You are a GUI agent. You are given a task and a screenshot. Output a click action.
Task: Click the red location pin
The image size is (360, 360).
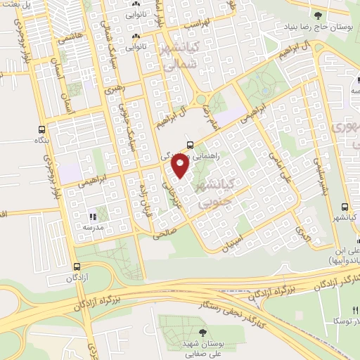pos(181,165)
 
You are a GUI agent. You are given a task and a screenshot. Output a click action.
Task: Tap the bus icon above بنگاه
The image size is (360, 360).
pos(41,129)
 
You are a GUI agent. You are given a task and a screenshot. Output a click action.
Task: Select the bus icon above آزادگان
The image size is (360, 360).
pos(78,267)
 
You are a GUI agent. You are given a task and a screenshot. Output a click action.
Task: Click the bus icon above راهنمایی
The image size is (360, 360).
pos(190,144)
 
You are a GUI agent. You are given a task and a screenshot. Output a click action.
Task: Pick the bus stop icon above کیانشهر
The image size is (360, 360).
pos(345,207)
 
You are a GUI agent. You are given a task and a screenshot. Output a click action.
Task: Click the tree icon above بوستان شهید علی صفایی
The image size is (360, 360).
pos(203,332)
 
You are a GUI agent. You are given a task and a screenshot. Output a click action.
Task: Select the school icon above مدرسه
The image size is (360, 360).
pos(92,216)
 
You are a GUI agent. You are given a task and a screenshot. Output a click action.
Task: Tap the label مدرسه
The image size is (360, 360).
pos(94,227)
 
